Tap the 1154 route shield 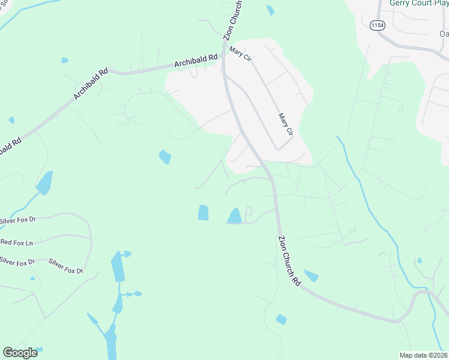(378, 25)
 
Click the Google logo (20, 353)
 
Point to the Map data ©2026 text (423, 355)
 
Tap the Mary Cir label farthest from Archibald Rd (286, 123)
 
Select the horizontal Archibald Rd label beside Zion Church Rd (195, 60)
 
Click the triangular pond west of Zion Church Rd (234, 215)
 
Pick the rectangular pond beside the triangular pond (203, 212)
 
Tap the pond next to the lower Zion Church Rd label (311, 275)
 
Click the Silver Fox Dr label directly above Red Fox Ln (18, 220)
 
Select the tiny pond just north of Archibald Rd (64, 60)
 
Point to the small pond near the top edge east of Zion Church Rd (270, 10)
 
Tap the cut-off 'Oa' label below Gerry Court (444, 34)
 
